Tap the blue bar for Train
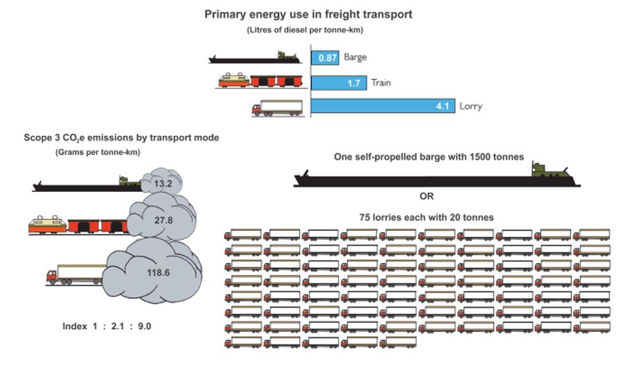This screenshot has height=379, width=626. (339, 82)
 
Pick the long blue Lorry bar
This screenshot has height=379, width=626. (382, 106)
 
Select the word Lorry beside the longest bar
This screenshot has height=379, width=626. (470, 106)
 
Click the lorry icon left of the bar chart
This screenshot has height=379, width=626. (277, 108)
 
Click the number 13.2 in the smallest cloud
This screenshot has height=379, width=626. (163, 184)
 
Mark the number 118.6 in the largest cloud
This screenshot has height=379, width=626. (159, 272)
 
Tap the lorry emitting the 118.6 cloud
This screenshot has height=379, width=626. (76, 274)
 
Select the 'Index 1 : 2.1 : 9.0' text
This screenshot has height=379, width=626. (107, 326)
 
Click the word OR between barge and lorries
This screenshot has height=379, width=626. (427, 196)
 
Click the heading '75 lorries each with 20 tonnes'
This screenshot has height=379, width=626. (427, 218)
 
